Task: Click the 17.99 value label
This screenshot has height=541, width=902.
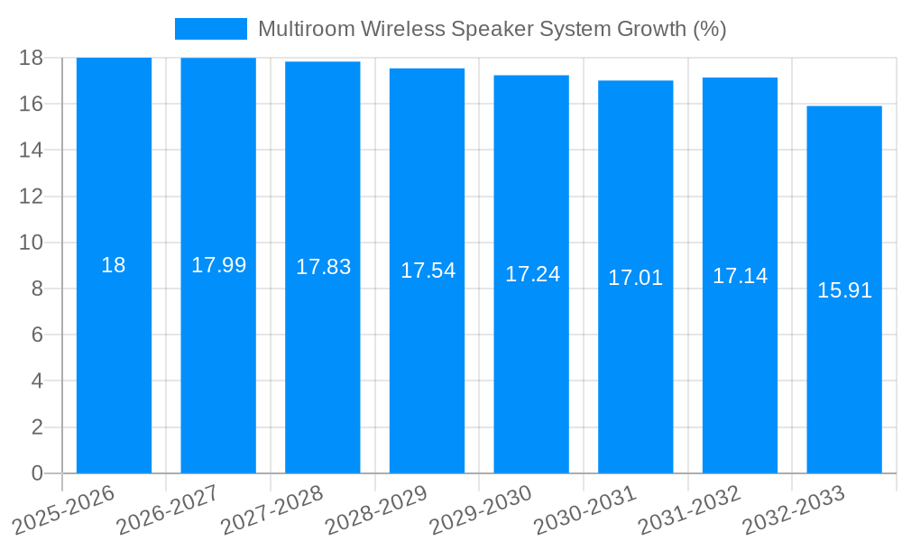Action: tap(218, 265)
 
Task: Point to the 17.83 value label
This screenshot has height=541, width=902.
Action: tap(323, 267)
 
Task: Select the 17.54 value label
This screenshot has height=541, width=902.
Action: tap(428, 270)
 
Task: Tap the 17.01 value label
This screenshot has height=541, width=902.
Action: tap(635, 278)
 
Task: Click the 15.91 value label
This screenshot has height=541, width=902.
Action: tap(844, 290)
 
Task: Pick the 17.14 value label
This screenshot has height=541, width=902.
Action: tap(740, 276)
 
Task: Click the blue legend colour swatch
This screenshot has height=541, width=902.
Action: tap(210, 29)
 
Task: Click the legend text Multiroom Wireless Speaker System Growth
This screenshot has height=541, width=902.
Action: tap(492, 29)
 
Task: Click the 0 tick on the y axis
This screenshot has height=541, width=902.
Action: tap(37, 473)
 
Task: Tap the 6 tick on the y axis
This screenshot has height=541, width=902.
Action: tap(37, 335)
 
